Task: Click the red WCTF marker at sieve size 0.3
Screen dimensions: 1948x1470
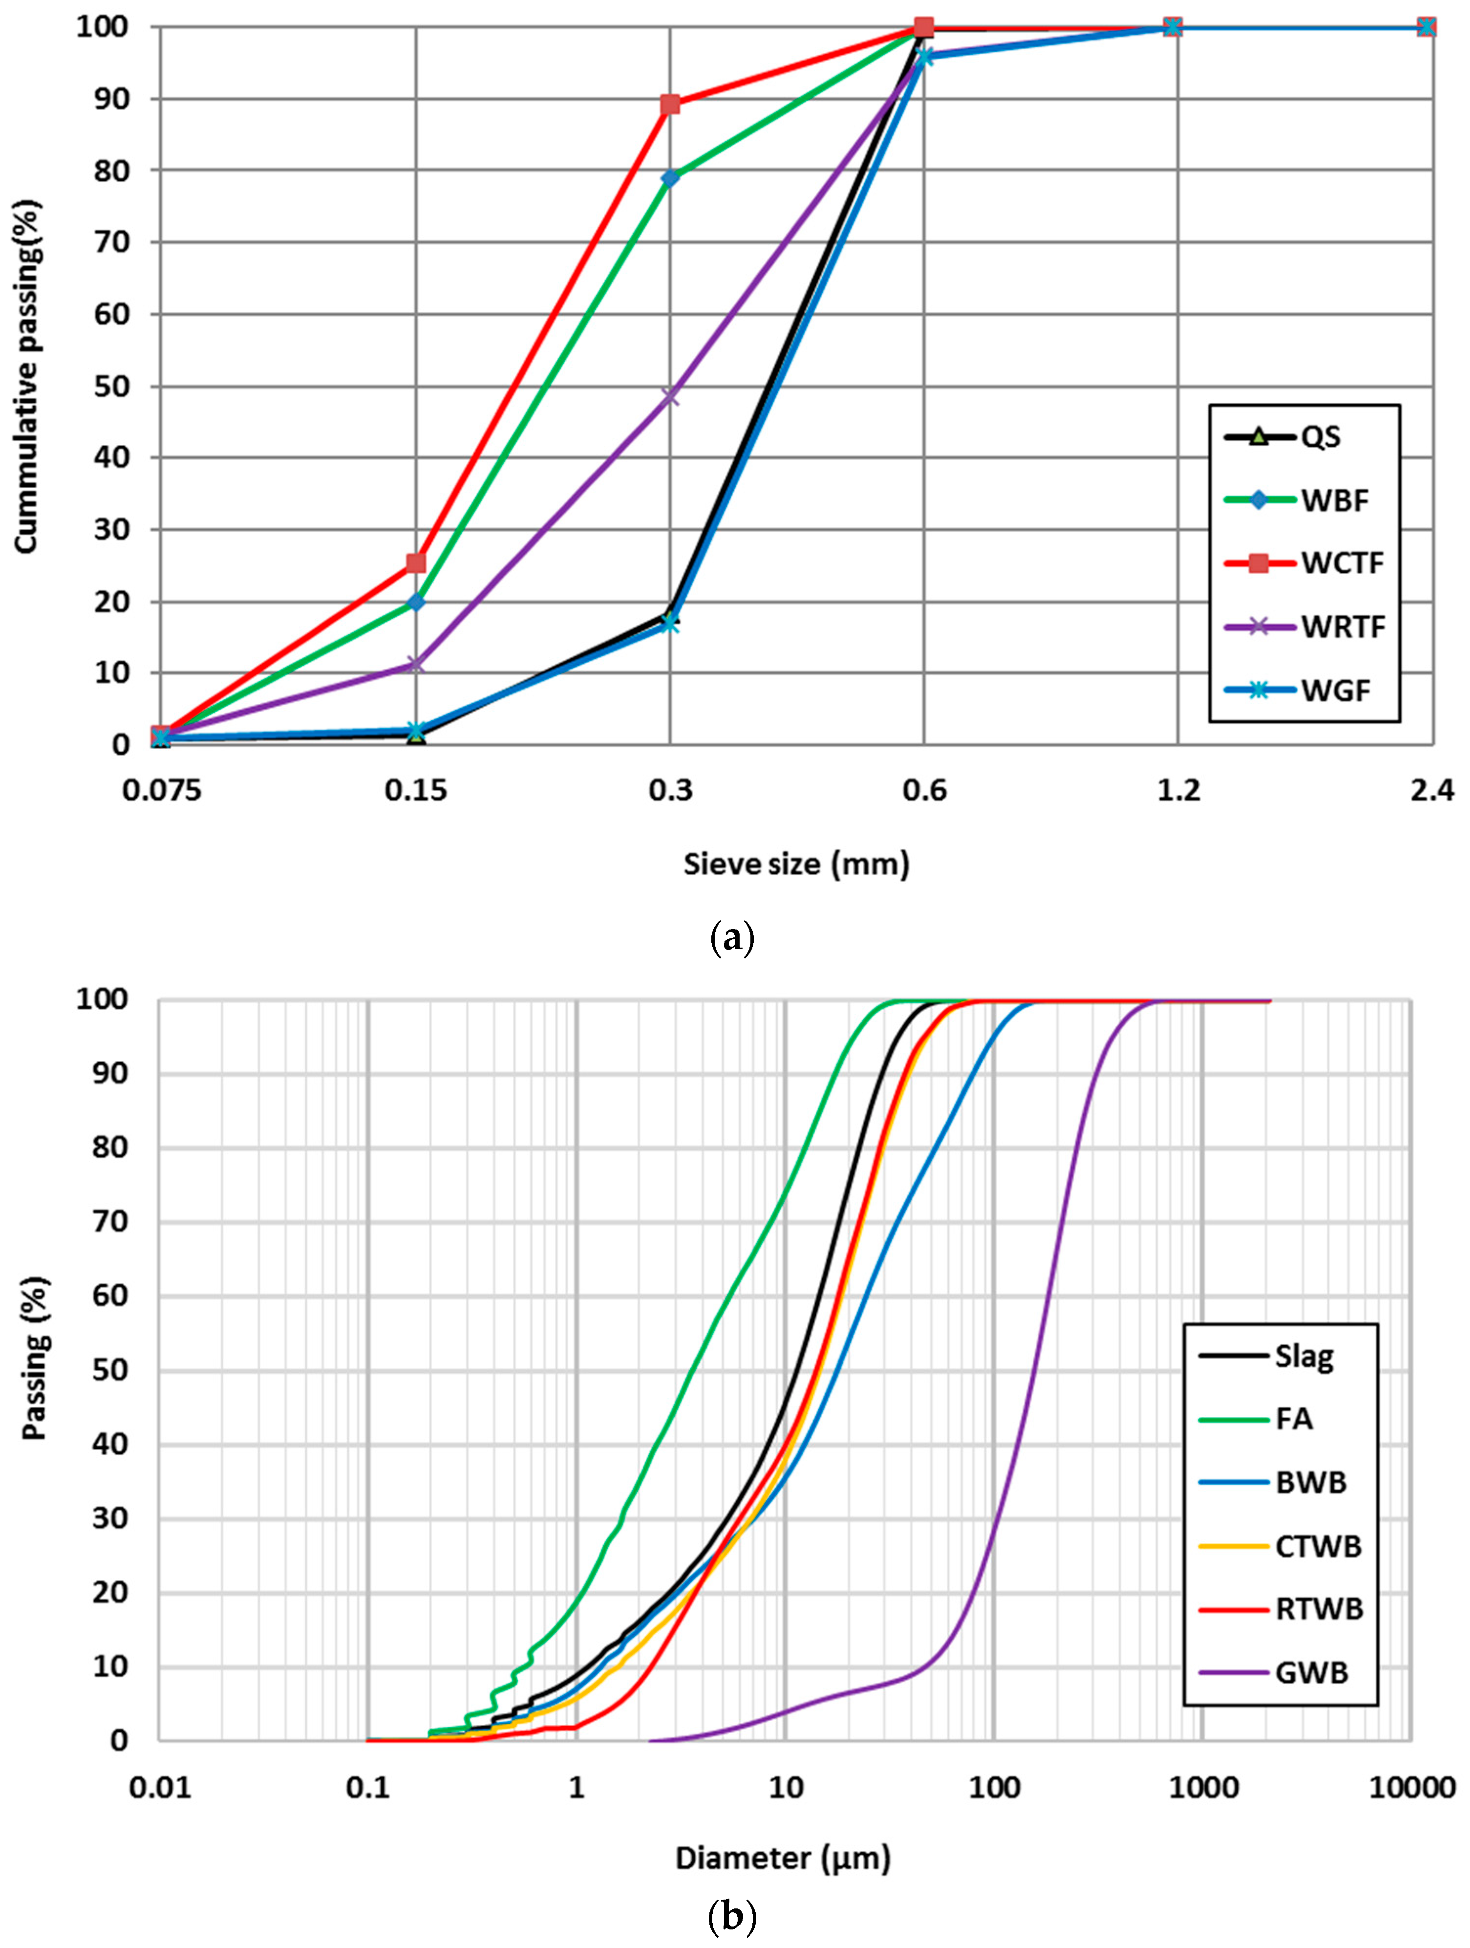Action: click(x=670, y=105)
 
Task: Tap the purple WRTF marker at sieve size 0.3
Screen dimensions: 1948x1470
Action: click(x=670, y=396)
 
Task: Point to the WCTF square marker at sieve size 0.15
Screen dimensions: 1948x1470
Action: click(x=415, y=563)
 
